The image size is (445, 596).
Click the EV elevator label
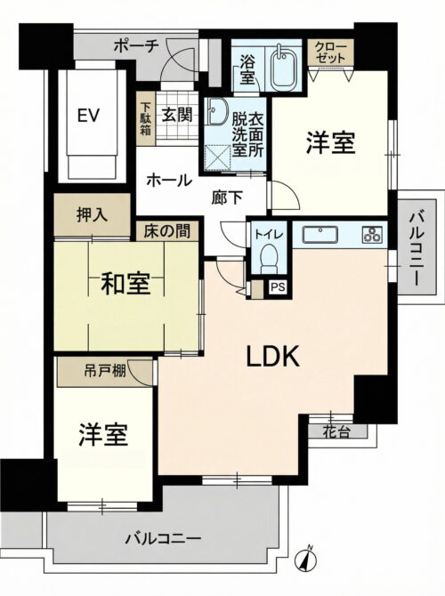(87, 116)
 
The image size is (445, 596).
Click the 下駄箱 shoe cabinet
(146, 119)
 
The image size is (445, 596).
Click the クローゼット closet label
(331, 51)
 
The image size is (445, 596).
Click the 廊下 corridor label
(226, 198)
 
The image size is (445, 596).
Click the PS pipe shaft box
(279, 287)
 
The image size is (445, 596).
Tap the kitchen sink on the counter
(319, 236)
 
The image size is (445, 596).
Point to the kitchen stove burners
(371, 236)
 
